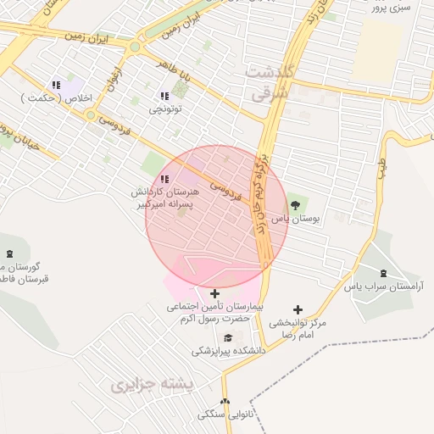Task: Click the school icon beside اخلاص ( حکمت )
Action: tap(57, 85)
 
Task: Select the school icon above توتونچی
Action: tap(164, 96)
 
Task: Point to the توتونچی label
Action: tap(165, 109)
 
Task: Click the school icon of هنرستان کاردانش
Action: tap(164, 179)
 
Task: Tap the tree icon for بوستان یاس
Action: tap(296, 204)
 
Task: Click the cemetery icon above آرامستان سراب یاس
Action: tap(384, 273)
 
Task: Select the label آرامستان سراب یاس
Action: tap(388, 287)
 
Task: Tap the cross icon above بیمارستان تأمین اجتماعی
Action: tap(214, 293)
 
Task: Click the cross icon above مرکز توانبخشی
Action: tap(298, 310)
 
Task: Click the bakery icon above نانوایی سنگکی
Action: tap(224, 402)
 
